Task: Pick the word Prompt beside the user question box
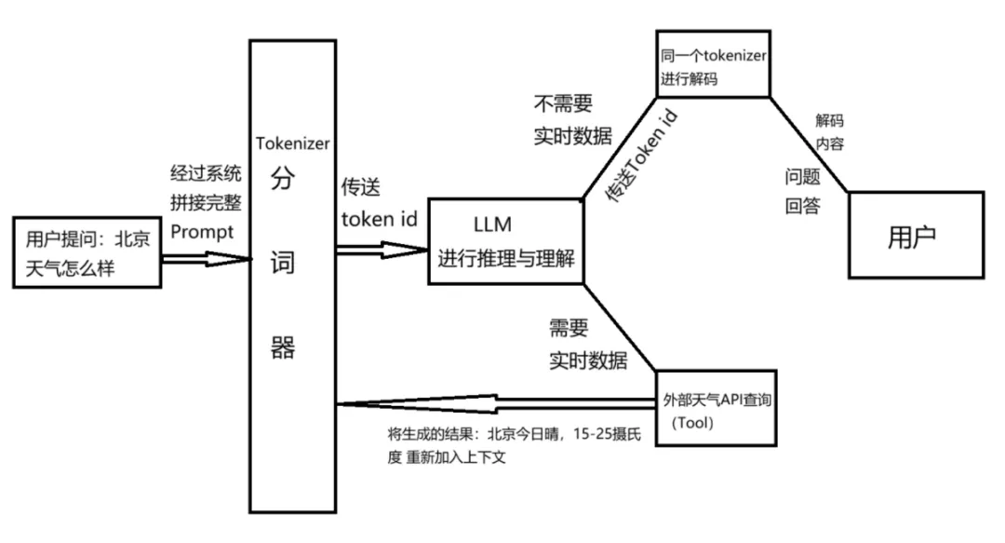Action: pos(201,230)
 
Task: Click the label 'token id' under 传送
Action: pos(379,220)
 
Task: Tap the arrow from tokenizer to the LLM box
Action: pos(382,248)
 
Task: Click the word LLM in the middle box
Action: pos(494,224)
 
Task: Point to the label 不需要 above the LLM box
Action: pos(562,102)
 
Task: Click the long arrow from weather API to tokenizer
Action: pos(493,403)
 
